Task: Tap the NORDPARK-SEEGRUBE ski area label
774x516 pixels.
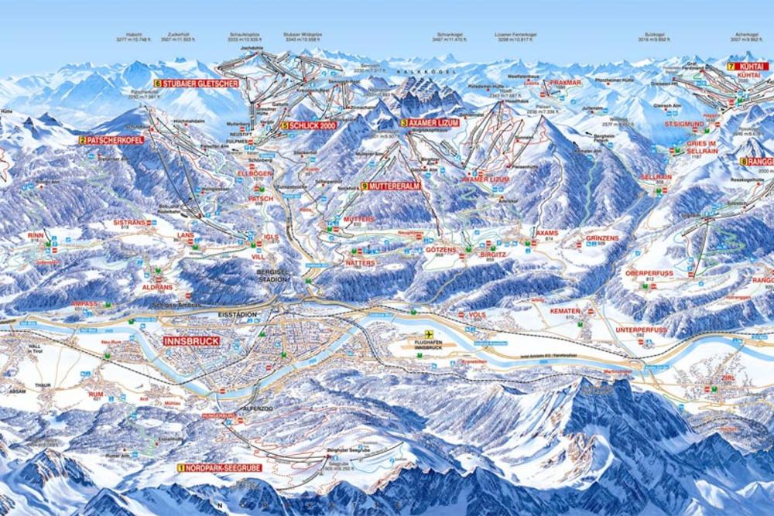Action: pos(220,467)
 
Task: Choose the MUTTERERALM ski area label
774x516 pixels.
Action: pos(394,186)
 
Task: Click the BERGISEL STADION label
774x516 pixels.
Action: pos(272,275)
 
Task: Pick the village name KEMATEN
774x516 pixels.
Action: pos(564,310)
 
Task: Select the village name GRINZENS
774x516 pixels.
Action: pos(602,238)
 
